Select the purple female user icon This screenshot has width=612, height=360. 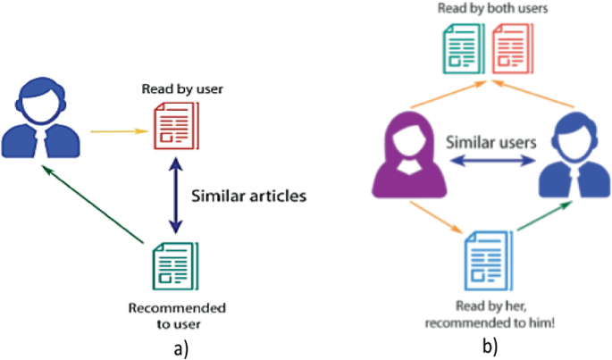(x=401, y=160)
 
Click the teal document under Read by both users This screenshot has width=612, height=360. (x=463, y=50)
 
